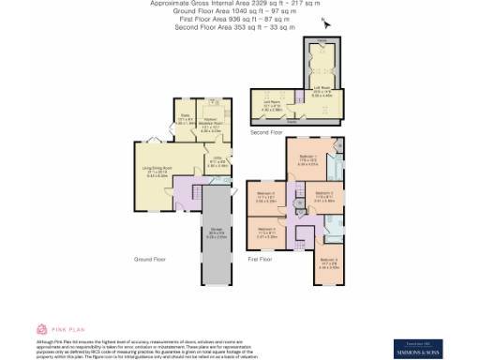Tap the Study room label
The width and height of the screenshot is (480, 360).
pos(185,119)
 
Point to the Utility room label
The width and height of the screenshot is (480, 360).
pos(217,163)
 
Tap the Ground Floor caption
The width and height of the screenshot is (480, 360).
pos(149,258)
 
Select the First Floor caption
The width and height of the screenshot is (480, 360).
pos(261,257)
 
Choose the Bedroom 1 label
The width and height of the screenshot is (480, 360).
pos(307,159)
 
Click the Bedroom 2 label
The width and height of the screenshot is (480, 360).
pos(322,197)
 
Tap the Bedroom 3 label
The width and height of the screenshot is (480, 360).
pos(266,198)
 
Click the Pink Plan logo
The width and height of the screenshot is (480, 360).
pos(55,329)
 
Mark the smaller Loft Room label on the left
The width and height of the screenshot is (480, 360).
pos(273,105)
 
